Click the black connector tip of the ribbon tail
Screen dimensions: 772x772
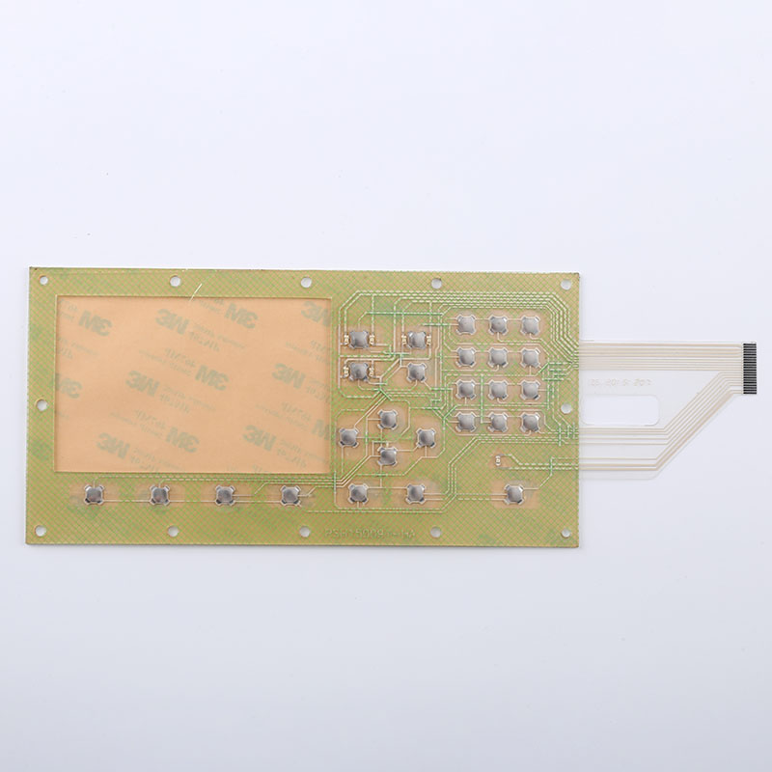[x=751, y=368]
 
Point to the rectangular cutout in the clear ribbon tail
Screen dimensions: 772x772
[x=622, y=410]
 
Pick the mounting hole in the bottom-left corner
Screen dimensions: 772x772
[x=41, y=530]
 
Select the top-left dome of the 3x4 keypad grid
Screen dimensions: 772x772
[x=466, y=324]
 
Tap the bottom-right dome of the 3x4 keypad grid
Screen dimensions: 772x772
[x=531, y=422]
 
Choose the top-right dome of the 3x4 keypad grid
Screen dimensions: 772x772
[x=531, y=324]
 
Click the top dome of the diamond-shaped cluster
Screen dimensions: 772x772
[x=388, y=419]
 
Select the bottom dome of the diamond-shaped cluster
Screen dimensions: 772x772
[x=388, y=455]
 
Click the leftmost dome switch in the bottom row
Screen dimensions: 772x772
[x=94, y=494]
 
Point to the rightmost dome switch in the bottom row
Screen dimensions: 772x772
[x=513, y=494]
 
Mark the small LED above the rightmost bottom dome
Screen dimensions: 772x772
[x=498, y=461]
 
